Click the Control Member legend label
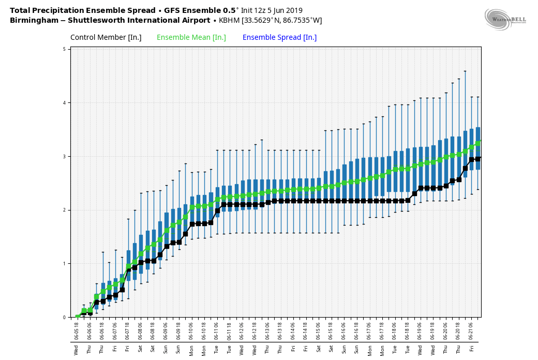coord(106,37)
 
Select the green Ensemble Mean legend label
coord(191,37)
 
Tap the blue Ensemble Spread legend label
coord(279,37)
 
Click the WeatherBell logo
coord(505,19)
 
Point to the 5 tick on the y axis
coord(64,49)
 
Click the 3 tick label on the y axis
coord(64,156)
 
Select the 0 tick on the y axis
coord(64,317)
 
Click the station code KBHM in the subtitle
coord(229,21)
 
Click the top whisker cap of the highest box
coord(465,71)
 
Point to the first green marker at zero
coord(78,317)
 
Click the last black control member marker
coord(478,159)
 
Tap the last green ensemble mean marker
coord(478,143)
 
